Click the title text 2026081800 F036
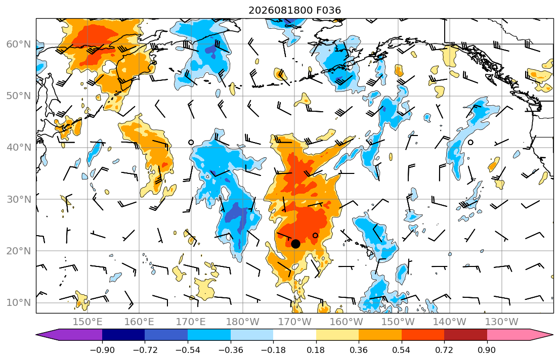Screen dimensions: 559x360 point(294,10)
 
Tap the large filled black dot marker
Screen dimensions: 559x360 point(295,244)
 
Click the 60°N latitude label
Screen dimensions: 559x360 point(19,44)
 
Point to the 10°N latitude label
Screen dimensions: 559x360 point(19,303)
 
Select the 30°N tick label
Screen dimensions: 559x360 point(19,199)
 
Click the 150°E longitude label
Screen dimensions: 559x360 point(88,322)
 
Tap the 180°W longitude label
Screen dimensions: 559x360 point(243,322)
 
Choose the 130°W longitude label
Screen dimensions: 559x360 point(502,322)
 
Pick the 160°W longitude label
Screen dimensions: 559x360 point(347,322)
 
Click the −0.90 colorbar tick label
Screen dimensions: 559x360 point(102,350)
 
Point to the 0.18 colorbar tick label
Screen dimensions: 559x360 point(316,350)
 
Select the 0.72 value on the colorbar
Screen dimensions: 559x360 point(444,350)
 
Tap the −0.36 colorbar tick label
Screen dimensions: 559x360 point(230,350)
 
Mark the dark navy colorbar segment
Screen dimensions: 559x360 point(123,335)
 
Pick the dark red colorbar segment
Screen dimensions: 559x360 point(465,335)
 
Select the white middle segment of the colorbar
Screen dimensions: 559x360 point(294,335)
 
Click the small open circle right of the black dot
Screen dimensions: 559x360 point(315,235)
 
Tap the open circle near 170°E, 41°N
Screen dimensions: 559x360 point(191,142)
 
